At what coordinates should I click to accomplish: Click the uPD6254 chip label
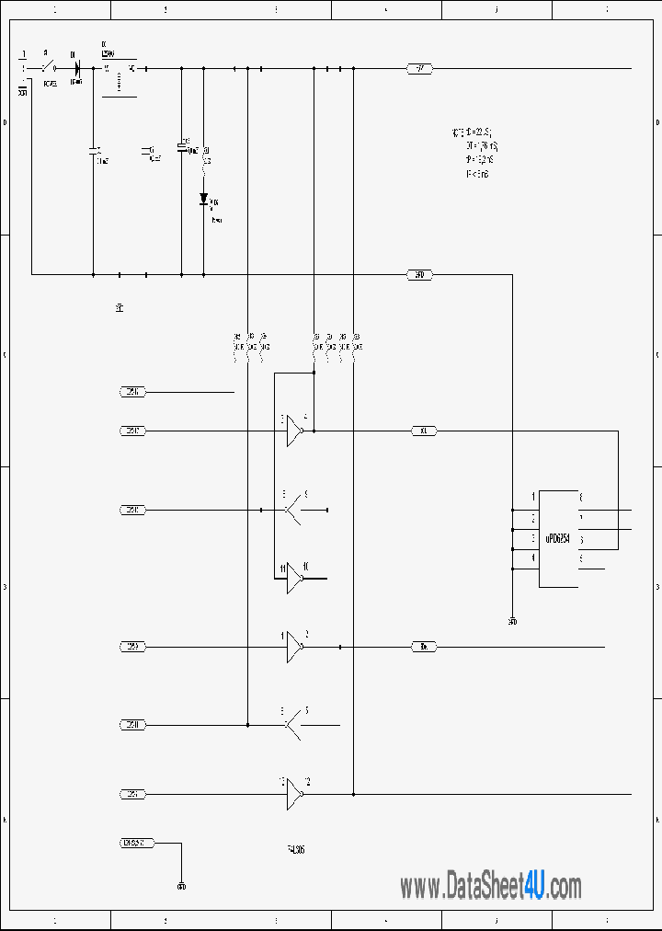pyautogui.click(x=558, y=538)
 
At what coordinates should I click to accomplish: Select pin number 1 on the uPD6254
pyautogui.click(x=533, y=498)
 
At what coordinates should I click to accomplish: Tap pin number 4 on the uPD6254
pyautogui.click(x=533, y=557)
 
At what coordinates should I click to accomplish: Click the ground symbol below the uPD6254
pyautogui.click(x=512, y=621)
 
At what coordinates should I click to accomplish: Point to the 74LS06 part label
pyautogui.click(x=296, y=850)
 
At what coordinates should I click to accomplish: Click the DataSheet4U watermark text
pyautogui.click(x=490, y=887)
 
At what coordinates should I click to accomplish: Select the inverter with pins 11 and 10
pyautogui.click(x=294, y=578)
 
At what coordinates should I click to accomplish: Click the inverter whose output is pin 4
pyautogui.click(x=294, y=431)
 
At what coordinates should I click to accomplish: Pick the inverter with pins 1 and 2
pyautogui.click(x=294, y=647)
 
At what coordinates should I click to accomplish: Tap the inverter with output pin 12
pyautogui.click(x=294, y=794)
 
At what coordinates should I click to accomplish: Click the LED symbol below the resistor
pyautogui.click(x=203, y=199)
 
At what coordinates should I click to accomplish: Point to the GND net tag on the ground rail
pyautogui.click(x=419, y=274)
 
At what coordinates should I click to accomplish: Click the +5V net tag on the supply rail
pyautogui.click(x=419, y=68)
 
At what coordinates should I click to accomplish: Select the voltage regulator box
pyautogui.click(x=119, y=77)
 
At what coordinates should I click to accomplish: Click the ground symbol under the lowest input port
pyautogui.click(x=181, y=887)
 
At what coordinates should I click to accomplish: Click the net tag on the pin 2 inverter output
pyautogui.click(x=423, y=647)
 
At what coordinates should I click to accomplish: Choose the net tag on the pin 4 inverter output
pyautogui.click(x=423, y=431)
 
